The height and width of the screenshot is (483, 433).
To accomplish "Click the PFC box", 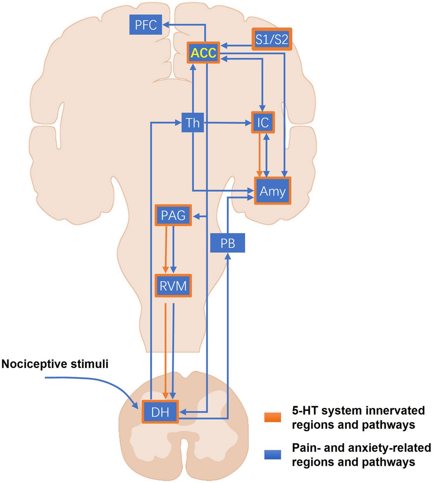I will coord(146,25).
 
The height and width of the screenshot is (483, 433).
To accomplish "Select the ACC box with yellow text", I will coord(204,53).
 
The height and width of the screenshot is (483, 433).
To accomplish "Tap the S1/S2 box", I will coord(272,39).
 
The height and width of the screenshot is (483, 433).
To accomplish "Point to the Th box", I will coord(193,123).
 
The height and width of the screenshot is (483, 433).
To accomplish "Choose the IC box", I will coord(263,122).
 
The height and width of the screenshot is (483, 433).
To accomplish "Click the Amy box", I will coord(272,191).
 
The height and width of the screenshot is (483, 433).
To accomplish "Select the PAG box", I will coord(173,215).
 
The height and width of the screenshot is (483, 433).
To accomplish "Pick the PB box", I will coord(228,243).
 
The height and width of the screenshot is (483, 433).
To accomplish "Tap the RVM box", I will coord(173,286).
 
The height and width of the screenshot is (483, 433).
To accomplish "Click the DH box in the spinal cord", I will coord(160,412).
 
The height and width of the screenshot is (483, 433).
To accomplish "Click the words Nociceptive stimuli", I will coord(55,364).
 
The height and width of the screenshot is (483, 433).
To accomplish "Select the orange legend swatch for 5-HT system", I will coord(272,417).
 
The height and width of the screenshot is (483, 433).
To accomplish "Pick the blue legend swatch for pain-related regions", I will coord(272,455).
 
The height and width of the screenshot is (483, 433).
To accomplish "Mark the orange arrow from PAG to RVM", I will coord(166,249).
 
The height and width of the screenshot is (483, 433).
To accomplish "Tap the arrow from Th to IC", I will coord(227,123).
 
